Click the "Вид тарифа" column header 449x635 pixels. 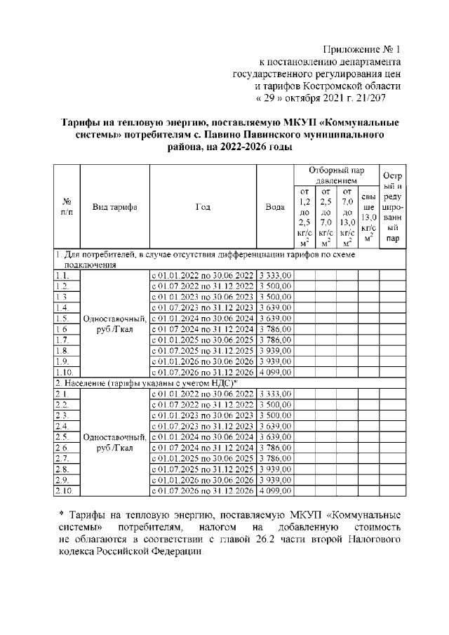[x=114, y=207]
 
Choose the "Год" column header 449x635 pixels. [x=203, y=207]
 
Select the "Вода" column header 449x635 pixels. [x=275, y=207]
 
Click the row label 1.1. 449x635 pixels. [x=62, y=276]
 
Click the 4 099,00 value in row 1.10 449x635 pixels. [x=275, y=372]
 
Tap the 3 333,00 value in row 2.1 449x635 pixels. [x=275, y=394]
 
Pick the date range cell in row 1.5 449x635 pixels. [x=203, y=319]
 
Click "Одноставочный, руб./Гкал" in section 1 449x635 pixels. [x=115, y=324]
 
